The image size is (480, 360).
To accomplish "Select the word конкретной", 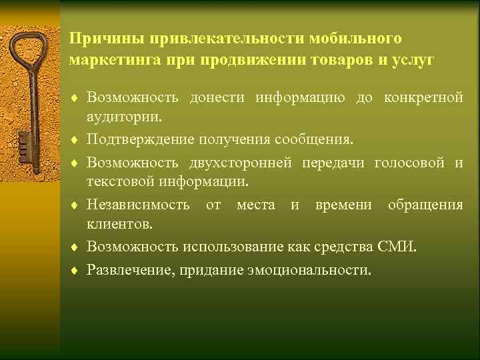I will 423,99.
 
